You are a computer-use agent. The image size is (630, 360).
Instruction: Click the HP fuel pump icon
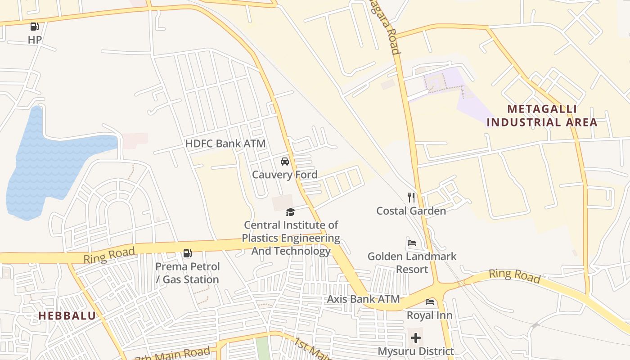pyautogui.click(x=35, y=27)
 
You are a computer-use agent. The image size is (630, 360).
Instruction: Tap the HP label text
pyautogui.click(x=35, y=40)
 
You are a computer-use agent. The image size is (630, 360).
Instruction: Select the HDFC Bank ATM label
pyautogui.click(x=225, y=144)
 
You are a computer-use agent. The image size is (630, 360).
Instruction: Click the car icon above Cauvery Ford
pyautogui.click(x=284, y=161)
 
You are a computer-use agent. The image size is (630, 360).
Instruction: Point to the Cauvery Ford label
pyautogui.click(x=284, y=175)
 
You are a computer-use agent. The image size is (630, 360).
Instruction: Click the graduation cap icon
pyautogui.click(x=290, y=212)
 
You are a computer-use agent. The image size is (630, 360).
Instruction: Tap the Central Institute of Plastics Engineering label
pyautogui.click(x=291, y=238)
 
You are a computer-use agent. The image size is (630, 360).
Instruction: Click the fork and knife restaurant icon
pyautogui.click(x=411, y=197)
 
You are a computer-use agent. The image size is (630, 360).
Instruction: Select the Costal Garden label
pyautogui.click(x=411, y=211)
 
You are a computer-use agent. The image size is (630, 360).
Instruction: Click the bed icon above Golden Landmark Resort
pyautogui.click(x=411, y=243)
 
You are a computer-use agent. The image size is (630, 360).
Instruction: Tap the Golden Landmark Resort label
pyautogui.click(x=412, y=263)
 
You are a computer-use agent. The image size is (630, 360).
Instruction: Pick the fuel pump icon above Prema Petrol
pyautogui.click(x=187, y=253)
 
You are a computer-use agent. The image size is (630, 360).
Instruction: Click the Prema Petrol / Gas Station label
pyautogui.click(x=188, y=273)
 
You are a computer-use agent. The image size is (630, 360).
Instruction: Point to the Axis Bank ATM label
pyautogui.click(x=363, y=299)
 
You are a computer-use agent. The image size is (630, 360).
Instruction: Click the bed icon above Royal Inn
pyautogui.click(x=430, y=301)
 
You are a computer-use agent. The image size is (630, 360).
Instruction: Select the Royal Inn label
pyautogui.click(x=430, y=315)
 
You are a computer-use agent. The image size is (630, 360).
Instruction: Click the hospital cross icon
pyautogui.click(x=416, y=337)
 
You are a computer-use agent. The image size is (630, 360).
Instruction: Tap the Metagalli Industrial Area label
pyautogui.click(x=542, y=116)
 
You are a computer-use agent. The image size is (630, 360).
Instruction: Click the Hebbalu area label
pyautogui.click(x=67, y=316)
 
